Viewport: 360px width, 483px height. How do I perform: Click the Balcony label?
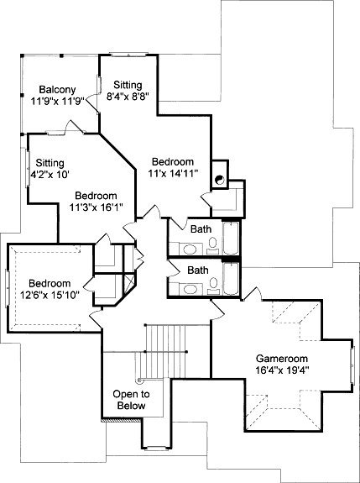coord(58,90)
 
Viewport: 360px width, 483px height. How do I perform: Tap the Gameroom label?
coord(282,359)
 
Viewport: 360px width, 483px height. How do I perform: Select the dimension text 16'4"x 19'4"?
coord(282,370)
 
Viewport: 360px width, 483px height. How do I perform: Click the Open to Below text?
coord(131,400)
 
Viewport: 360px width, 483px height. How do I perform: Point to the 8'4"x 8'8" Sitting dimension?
coord(128,97)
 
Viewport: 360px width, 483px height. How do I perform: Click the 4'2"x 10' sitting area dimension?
coord(50,175)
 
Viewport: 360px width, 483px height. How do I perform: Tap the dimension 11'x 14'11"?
coord(172,173)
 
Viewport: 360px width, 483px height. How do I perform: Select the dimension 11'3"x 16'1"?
coord(97,207)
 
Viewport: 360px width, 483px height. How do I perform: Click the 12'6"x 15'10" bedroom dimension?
coord(50,295)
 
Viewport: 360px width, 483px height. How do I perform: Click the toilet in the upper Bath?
coord(212,245)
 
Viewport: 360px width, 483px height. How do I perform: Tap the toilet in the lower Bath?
coord(213,286)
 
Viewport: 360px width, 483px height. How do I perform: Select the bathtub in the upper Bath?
coord(231,238)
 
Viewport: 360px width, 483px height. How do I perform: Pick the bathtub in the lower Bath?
coord(231,279)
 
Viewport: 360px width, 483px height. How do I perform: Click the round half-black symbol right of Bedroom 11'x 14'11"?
coord(220,180)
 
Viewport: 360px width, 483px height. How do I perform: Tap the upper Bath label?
coord(201,228)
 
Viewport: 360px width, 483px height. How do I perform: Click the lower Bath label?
coord(198,270)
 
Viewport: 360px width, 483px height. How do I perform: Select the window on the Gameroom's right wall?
coord(352,365)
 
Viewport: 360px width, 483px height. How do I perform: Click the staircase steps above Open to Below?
coord(165,351)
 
